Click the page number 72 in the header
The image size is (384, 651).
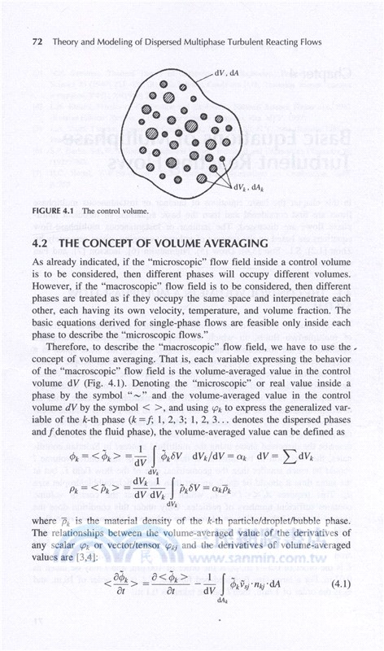(37, 41)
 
